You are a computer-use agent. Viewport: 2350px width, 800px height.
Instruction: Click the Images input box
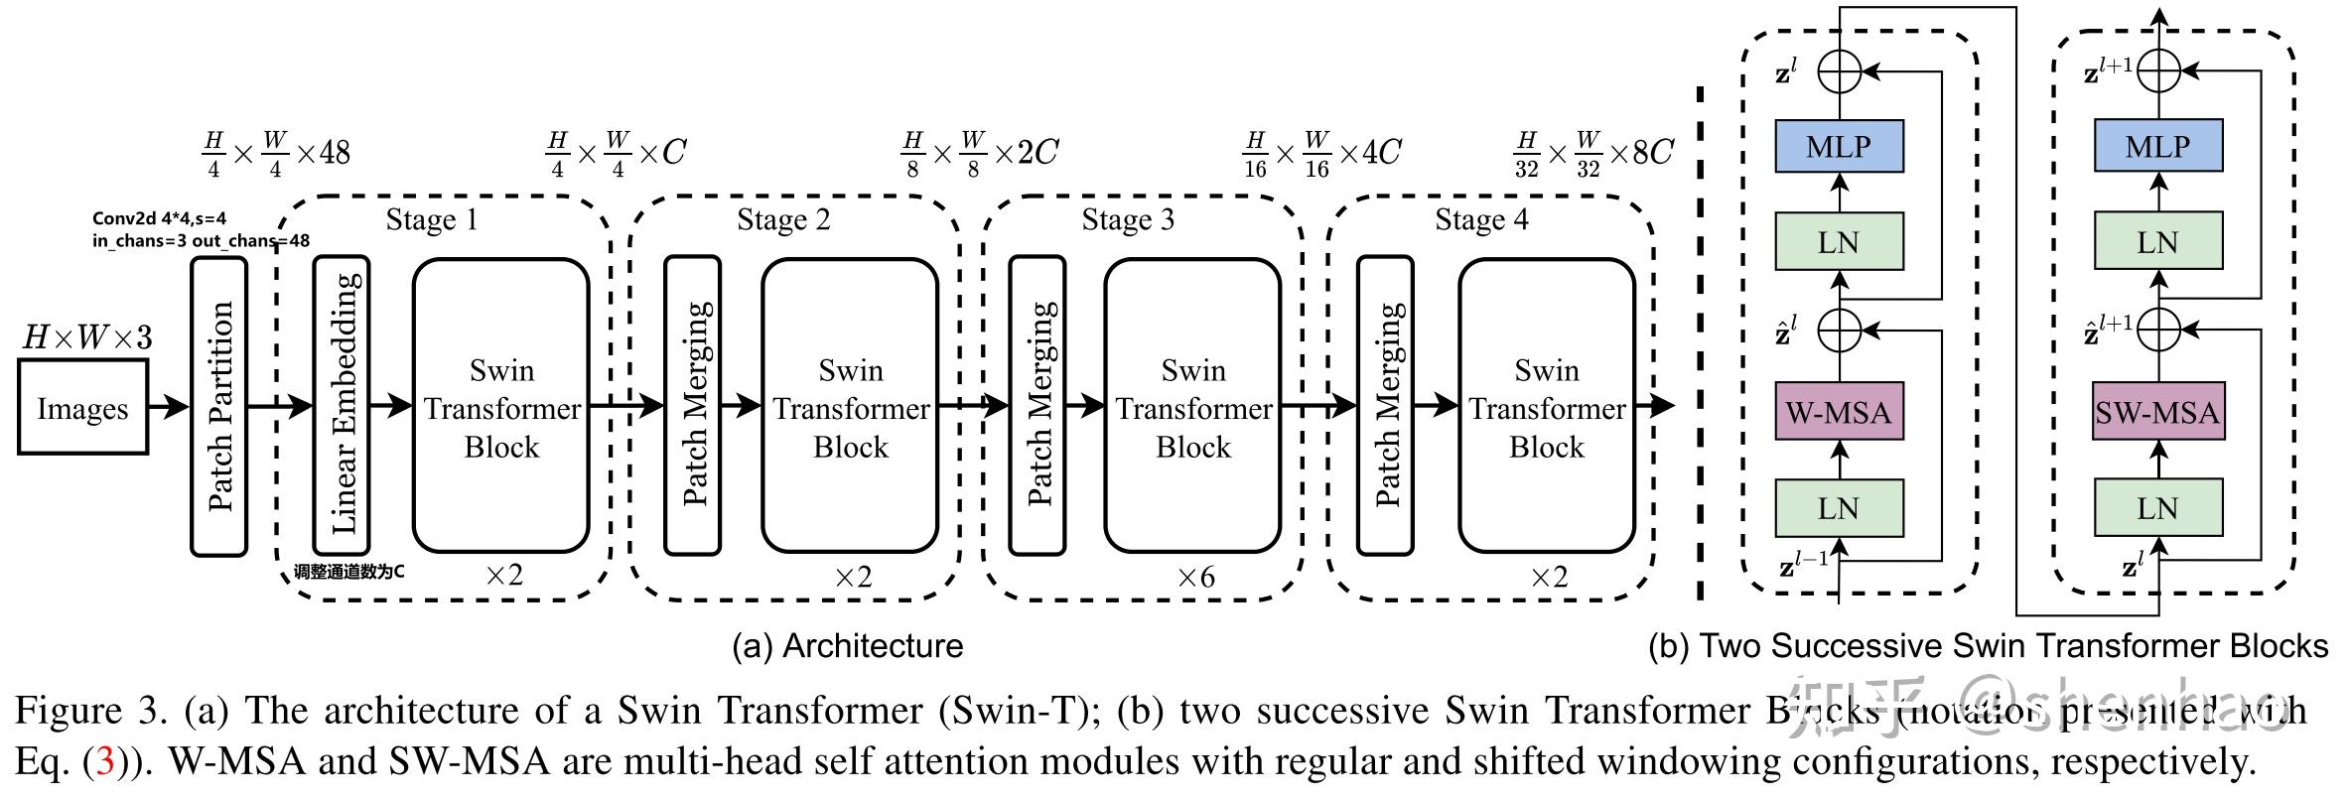tap(82, 407)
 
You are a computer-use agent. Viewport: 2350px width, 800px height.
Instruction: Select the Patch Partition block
tap(218, 406)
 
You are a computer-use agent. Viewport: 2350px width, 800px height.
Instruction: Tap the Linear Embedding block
tap(342, 405)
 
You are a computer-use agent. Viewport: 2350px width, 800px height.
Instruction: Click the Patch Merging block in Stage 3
tap(1037, 405)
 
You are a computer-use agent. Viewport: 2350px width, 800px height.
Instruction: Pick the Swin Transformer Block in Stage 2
tap(850, 406)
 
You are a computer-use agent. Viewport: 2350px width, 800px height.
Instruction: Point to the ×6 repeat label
tap(1195, 578)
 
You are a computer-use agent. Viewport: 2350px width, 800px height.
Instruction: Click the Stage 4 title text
tap(1481, 219)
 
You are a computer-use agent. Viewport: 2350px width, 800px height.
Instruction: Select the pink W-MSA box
tap(1838, 412)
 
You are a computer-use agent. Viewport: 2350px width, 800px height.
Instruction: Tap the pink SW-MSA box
tap(2157, 412)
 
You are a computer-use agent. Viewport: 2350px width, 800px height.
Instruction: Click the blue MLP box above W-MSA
tap(1839, 147)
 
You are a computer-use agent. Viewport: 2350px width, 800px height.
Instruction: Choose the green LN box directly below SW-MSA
tap(2157, 508)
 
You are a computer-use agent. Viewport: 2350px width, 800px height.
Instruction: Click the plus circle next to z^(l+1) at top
tap(2158, 71)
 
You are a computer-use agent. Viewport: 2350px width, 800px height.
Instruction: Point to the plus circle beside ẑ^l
tap(1840, 331)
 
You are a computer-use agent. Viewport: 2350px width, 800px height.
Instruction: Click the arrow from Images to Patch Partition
tap(168, 406)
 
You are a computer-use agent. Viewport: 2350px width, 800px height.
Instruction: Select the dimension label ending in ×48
tap(275, 154)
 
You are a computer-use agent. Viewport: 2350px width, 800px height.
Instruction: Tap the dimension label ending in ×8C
tap(1592, 154)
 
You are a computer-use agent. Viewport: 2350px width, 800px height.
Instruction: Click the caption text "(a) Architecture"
tap(847, 646)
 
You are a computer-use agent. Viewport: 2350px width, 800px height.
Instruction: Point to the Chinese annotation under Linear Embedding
tap(348, 573)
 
